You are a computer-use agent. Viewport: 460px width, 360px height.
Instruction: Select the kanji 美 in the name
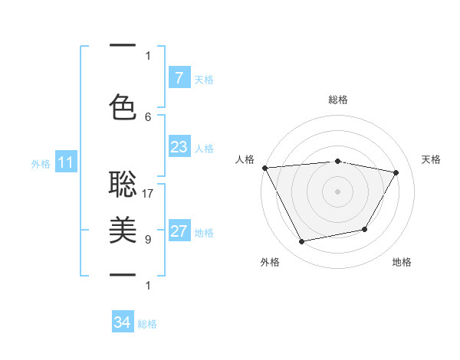coord(123,229)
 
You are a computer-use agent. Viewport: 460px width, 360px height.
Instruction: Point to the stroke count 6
coord(148,116)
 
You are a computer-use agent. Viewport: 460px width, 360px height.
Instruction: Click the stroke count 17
coord(148,194)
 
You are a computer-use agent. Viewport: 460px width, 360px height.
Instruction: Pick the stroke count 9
coord(148,240)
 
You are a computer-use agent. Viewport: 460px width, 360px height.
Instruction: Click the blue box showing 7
coord(179,78)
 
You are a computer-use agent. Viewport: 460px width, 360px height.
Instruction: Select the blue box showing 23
coord(179,147)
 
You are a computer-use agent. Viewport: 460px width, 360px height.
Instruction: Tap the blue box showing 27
coord(179,231)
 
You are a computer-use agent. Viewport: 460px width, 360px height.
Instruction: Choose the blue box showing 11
coord(66,162)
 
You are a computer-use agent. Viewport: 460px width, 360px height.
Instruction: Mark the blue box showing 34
coord(123,322)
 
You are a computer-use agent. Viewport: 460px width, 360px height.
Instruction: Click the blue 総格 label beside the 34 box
coord(147,324)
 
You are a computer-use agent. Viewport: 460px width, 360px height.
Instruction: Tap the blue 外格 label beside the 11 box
coord(41,163)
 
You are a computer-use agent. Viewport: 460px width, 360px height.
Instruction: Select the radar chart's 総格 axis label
coord(337,100)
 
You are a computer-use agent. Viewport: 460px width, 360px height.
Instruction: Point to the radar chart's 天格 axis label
coord(431,159)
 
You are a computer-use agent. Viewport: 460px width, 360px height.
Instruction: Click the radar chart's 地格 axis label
coord(402,262)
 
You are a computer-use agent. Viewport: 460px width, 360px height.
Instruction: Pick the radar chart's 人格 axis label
coord(245,159)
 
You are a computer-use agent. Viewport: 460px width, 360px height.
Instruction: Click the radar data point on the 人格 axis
coord(264,168)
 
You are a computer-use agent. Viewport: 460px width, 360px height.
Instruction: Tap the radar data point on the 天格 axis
coord(396,172)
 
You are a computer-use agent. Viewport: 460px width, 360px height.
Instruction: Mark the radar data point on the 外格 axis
coord(301,242)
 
